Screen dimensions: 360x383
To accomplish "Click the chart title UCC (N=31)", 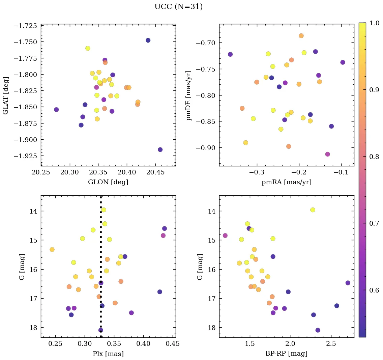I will pyautogui.click(x=178, y=7).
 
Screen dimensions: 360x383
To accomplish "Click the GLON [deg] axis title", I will pyautogui.click(x=108, y=182).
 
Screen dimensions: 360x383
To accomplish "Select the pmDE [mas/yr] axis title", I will pyautogui.click(x=189, y=95).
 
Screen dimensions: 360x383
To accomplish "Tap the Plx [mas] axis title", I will pyautogui.click(x=108, y=354).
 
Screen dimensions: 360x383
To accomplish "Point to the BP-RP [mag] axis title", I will pyautogui.click(x=286, y=354).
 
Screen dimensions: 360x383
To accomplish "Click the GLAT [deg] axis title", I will pyautogui.click(x=6, y=95).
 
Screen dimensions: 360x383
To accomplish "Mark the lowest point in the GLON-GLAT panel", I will pyautogui.click(x=160, y=149).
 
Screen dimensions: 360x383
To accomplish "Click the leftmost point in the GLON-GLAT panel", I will pyautogui.click(x=56, y=110).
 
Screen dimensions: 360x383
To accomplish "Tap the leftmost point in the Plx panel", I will pyautogui.click(x=52, y=249).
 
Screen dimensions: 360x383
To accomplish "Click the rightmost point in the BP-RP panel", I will pyautogui.click(x=348, y=283).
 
